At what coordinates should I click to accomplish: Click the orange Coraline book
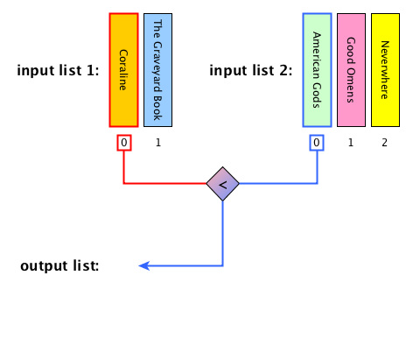[x=123, y=70]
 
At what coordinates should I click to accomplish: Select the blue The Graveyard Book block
[x=157, y=70]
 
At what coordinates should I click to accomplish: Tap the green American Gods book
[x=317, y=70]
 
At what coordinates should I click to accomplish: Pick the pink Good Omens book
[x=351, y=70]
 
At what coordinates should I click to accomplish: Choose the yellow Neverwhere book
[x=385, y=70]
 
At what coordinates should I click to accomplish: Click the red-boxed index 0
[x=124, y=143]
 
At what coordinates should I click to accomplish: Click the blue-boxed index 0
[x=317, y=143]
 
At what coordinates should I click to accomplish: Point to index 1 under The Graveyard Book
[x=158, y=143]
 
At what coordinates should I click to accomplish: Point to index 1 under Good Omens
[x=351, y=143]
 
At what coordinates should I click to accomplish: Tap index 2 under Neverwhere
[x=385, y=143]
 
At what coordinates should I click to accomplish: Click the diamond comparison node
[x=223, y=184]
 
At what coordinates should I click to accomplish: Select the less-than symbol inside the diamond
[x=223, y=185]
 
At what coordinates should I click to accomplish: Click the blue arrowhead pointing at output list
[x=144, y=265]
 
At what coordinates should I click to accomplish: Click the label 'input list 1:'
[x=58, y=70]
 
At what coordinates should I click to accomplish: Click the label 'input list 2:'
[x=251, y=70]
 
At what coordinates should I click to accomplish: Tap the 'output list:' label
[x=59, y=266]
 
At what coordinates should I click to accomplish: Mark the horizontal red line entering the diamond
[x=165, y=183]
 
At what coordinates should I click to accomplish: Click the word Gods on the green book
[x=317, y=95]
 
